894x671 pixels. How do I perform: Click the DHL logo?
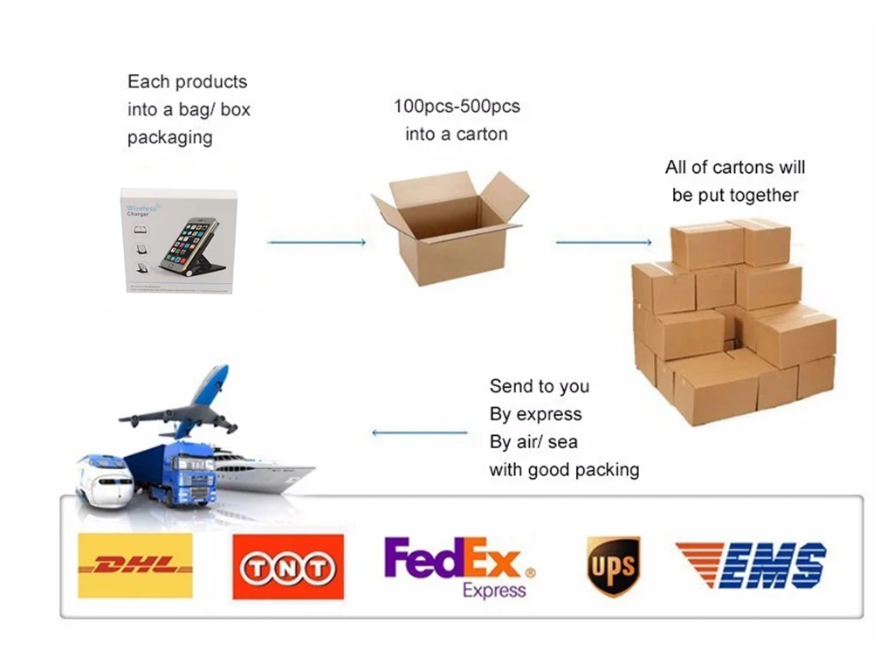click(135, 565)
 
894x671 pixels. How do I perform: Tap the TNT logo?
click(287, 567)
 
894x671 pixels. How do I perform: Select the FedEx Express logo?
click(459, 567)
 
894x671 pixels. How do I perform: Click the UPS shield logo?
click(612, 565)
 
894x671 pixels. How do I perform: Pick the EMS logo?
click(751, 564)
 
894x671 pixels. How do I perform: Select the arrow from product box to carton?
click(316, 242)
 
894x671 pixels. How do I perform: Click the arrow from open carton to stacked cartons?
click(603, 242)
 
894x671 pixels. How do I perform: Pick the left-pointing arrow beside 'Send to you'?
click(420, 432)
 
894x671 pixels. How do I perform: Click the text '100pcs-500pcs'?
click(457, 107)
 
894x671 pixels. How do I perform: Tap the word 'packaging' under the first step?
click(169, 138)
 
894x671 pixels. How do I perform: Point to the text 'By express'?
click(535, 414)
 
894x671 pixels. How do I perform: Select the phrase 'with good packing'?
click(564, 470)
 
